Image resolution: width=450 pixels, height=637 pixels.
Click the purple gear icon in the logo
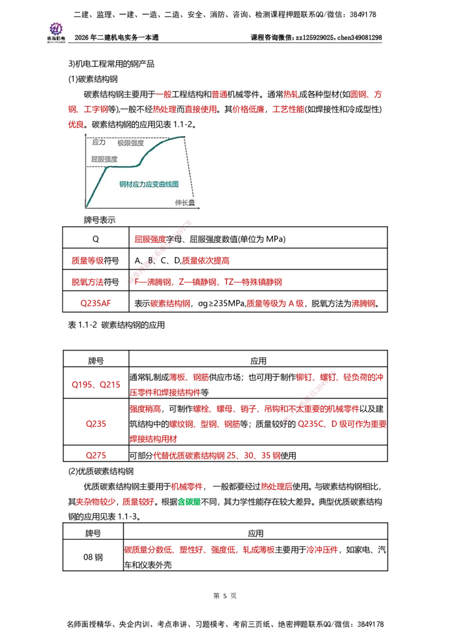[56, 28]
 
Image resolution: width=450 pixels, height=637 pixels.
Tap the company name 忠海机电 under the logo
[56, 39]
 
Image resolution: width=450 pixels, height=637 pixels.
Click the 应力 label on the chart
[98, 142]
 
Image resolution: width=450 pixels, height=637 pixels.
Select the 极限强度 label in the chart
[130, 143]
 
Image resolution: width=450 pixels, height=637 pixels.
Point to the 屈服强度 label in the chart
[104, 159]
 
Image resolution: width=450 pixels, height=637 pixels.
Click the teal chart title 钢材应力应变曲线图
[148, 185]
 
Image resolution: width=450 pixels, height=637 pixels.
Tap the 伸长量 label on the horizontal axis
[184, 203]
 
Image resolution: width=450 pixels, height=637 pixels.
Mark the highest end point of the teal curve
[184, 137]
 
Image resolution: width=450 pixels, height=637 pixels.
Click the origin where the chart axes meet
[85, 208]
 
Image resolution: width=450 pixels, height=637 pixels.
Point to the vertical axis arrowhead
[85, 135]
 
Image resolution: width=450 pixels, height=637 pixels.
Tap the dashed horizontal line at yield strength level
[96, 167]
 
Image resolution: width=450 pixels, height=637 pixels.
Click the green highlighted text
[190, 502]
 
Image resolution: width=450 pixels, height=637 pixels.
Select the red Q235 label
[96, 424]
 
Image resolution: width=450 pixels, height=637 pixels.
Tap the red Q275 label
[96, 455]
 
